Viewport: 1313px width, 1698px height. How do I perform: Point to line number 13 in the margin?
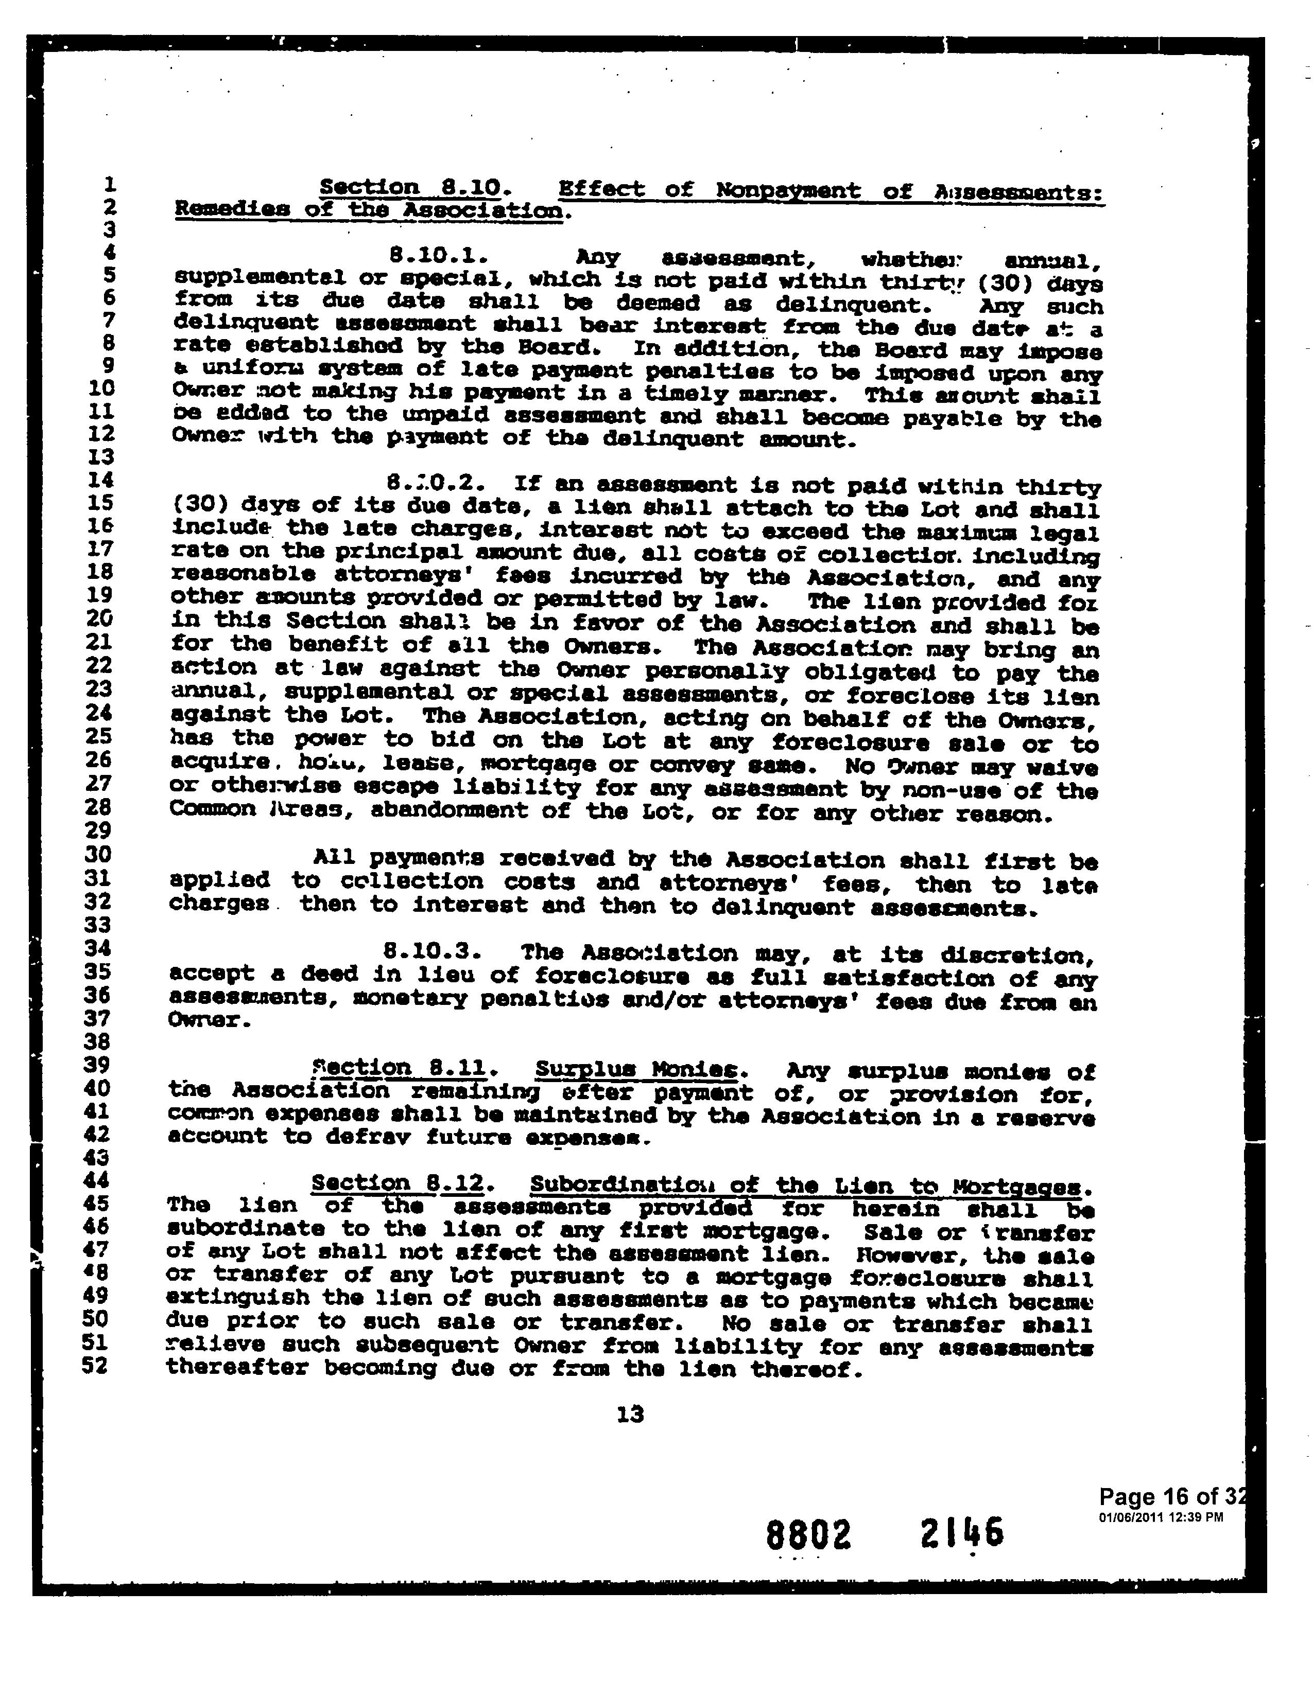tap(102, 456)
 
